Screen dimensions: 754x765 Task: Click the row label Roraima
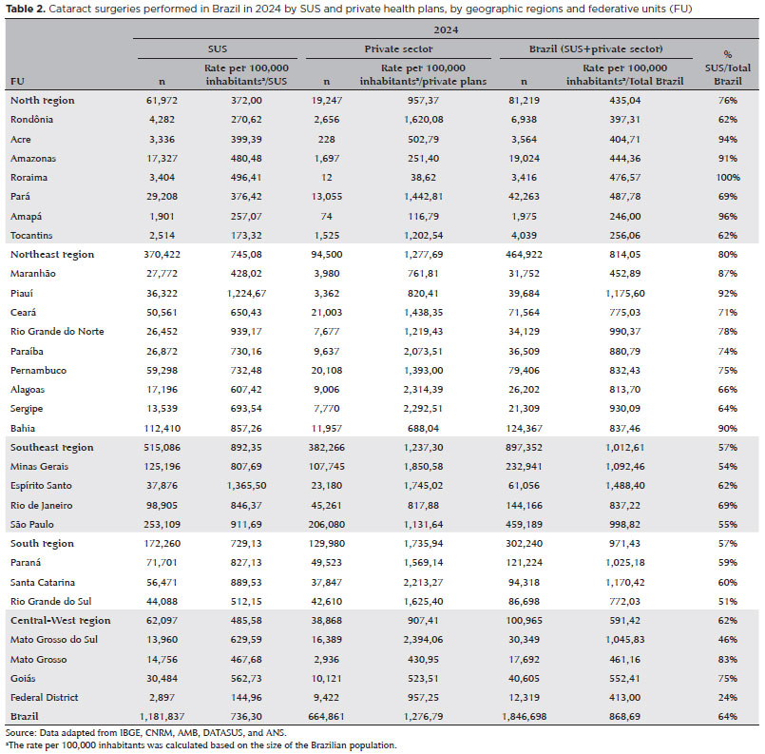pos(28,176)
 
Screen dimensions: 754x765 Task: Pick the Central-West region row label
pos(58,620)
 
